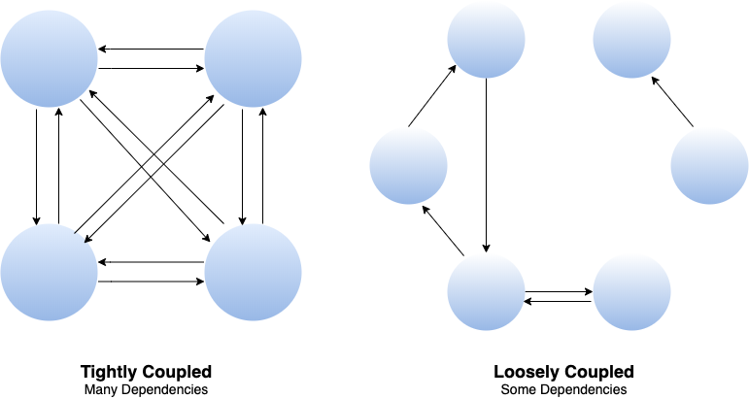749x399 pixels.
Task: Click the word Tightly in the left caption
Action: tap(111, 372)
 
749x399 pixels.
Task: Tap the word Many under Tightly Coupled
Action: tap(100, 389)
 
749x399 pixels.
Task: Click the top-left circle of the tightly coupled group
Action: tap(49, 59)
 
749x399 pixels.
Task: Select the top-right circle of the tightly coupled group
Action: tap(253, 59)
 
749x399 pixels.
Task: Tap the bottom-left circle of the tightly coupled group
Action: tap(49, 272)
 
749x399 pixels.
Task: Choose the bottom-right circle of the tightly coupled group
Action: tap(253, 272)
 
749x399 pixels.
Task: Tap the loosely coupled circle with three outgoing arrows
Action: tap(486, 291)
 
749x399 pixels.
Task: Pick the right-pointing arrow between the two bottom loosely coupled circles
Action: tap(559, 289)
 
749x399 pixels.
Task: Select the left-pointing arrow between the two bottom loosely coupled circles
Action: tap(559, 302)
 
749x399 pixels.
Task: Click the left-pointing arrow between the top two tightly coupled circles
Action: tap(151, 49)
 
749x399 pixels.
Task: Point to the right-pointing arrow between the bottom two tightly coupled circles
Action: tap(151, 282)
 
